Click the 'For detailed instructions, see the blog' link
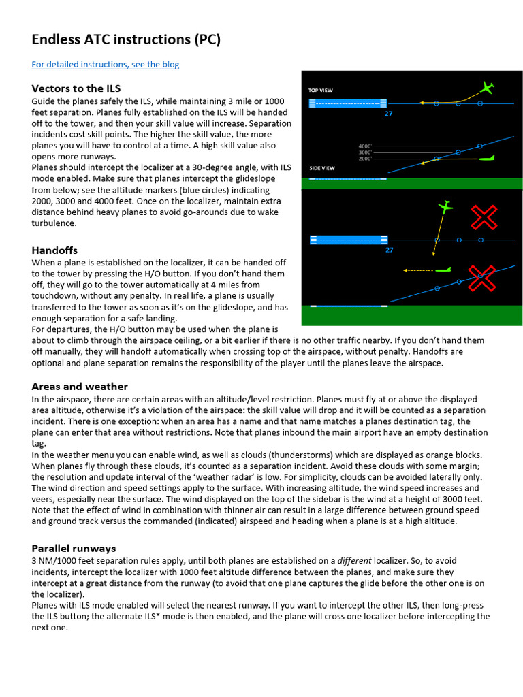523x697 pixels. tap(106, 65)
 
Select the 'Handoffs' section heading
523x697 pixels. tap(54, 250)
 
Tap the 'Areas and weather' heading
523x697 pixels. tap(80, 387)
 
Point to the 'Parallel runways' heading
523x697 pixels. tap(74, 548)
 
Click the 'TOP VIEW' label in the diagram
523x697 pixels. tap(321, 90)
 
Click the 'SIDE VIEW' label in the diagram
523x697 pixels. tap(321, 167)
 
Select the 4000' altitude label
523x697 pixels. tap(364, 146)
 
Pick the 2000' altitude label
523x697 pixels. tap(364, 159)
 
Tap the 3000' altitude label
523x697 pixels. tap(364, 152)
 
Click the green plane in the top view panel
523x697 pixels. tap(486, 88)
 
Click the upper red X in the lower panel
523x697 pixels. tap(484, 218)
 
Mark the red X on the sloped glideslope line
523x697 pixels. tap(481, 278)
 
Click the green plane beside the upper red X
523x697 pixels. tap(445, 206)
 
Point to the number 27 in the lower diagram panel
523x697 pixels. tap(389, 250)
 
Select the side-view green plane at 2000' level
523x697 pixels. tap(484, 158)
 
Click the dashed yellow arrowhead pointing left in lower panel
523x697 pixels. tap(406, 270)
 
